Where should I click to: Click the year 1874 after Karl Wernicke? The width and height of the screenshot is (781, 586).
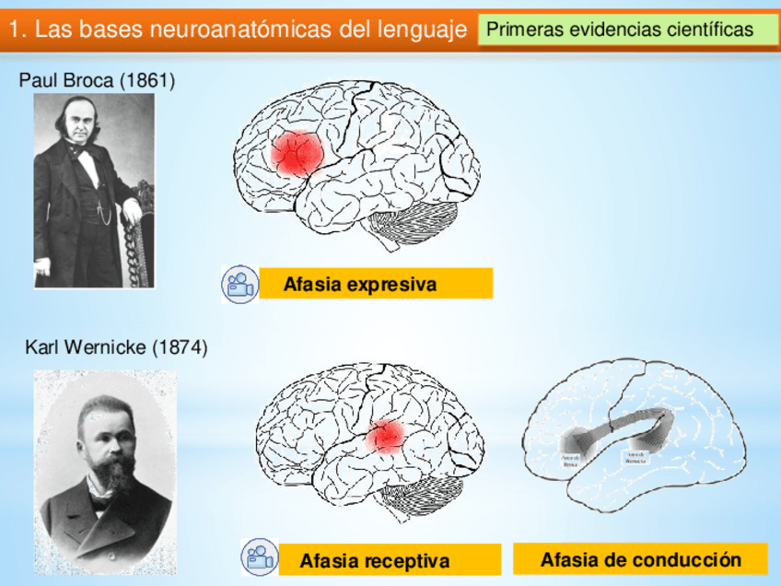[180, 347]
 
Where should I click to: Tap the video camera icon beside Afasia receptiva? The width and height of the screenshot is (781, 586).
[259, 557]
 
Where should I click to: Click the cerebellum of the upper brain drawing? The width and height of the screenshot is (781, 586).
[413, 221]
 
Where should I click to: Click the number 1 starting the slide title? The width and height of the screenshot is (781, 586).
[14, 29]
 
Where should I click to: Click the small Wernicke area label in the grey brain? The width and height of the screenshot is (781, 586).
[636, 456]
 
